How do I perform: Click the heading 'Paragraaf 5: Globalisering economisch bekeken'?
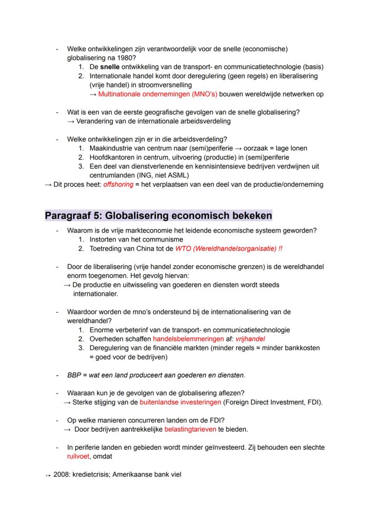pyautogui.click(x=158, y=215)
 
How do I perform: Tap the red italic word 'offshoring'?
pyautogui.click(x=118, y=185)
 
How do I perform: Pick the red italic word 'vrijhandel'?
pyautogui.click(x=250, y=339)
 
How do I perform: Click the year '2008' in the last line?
pyautogui.click(x=60, y=475)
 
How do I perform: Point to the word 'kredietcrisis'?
pyautogui.click(x=88, y=475)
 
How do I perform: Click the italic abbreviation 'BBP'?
pyautogui.click(x=74, y=375)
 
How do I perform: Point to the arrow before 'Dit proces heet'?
pyautogui.click(x=48, y=185)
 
